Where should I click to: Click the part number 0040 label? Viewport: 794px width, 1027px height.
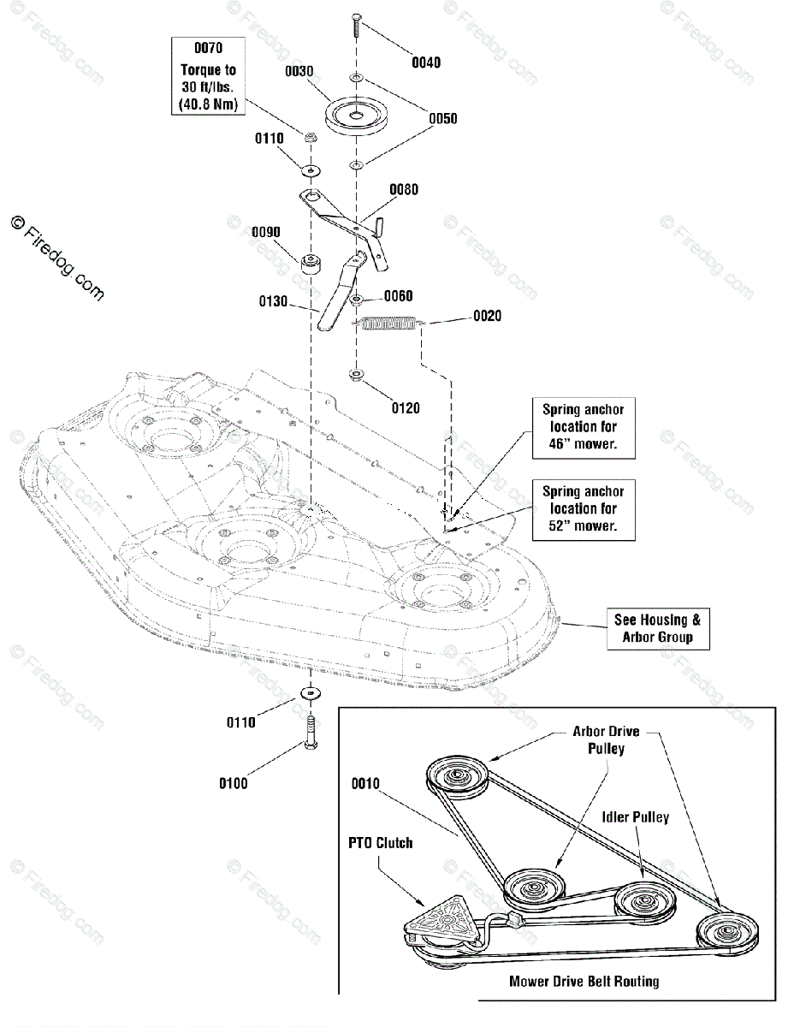point(425,62)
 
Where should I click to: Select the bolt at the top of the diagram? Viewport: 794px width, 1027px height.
point(356,26)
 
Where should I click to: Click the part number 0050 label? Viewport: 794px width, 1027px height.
point(442,118)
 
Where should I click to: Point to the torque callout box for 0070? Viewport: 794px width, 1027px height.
point(208,75)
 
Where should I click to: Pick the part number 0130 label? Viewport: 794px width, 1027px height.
point(273,301)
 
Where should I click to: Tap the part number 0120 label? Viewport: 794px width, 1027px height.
point(406,408)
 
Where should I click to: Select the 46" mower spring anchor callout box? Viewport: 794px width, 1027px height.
point(584,428)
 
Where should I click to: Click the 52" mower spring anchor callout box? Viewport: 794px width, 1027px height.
point(584,509)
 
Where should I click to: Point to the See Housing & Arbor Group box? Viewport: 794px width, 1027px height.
point(658,628)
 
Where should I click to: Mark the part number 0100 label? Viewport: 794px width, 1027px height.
point(234,783)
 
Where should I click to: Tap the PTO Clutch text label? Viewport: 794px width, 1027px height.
point(380,843)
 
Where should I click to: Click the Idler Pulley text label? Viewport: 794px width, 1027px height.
point(636,817)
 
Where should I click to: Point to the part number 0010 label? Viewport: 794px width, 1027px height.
point(365,783)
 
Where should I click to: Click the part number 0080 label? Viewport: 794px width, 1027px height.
point(404,189)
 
